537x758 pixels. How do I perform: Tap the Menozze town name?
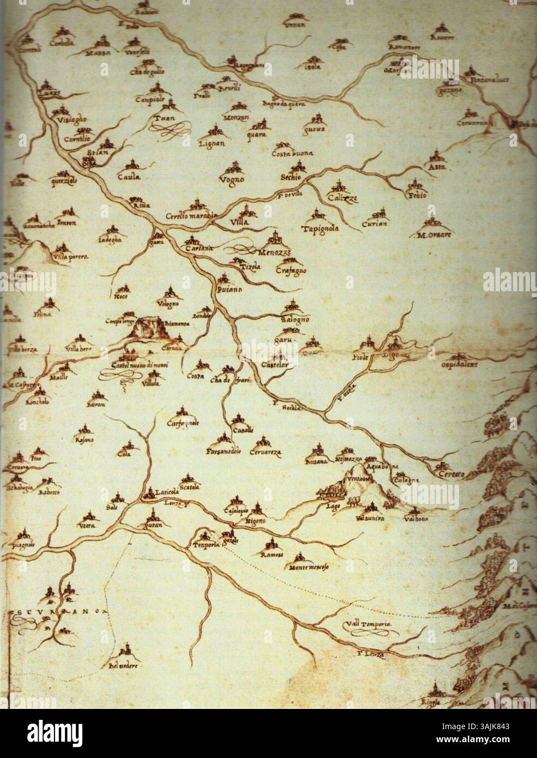[277, 250]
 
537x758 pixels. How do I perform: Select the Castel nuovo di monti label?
[135, 365]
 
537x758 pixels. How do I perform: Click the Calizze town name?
[342, 198]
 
